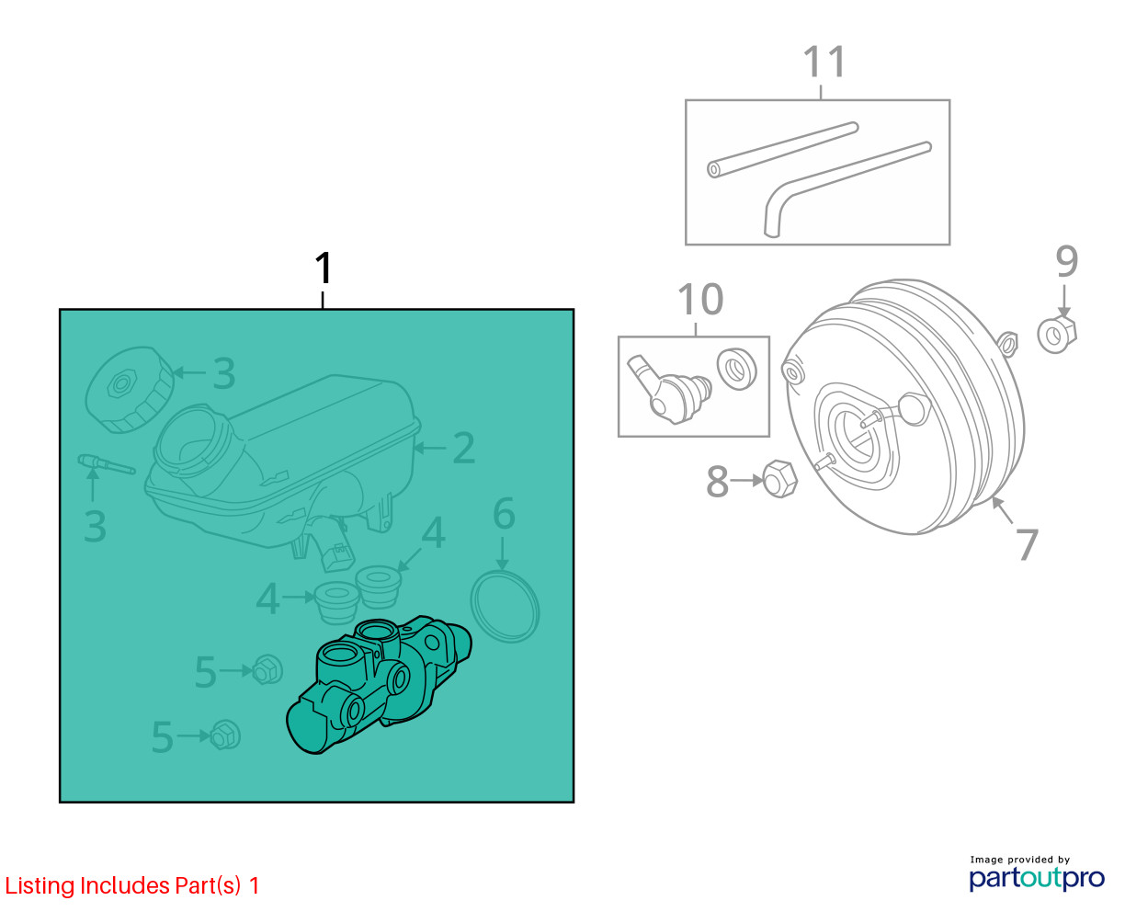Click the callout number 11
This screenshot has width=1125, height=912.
point(824,63)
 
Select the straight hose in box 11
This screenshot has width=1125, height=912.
point(782,150)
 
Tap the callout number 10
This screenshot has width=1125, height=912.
point(699,300)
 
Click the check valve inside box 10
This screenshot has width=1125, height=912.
point(668,390)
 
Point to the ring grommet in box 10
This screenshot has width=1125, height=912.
point(736,369)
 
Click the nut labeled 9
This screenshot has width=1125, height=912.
point(1057,334)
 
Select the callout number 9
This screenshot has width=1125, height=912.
point(1066,261)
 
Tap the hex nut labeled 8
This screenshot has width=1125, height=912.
point(780,478)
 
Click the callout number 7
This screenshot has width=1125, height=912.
point(1028,543)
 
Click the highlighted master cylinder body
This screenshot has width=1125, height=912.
point(379,683)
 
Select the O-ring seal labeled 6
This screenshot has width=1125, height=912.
point(505,606)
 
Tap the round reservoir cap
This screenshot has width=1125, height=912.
point(130,390)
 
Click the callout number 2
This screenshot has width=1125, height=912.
point(463,448)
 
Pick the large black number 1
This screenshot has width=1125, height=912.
point(323,268)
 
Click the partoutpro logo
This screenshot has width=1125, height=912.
point(1036,878)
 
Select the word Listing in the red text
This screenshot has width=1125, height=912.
point(40,886)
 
